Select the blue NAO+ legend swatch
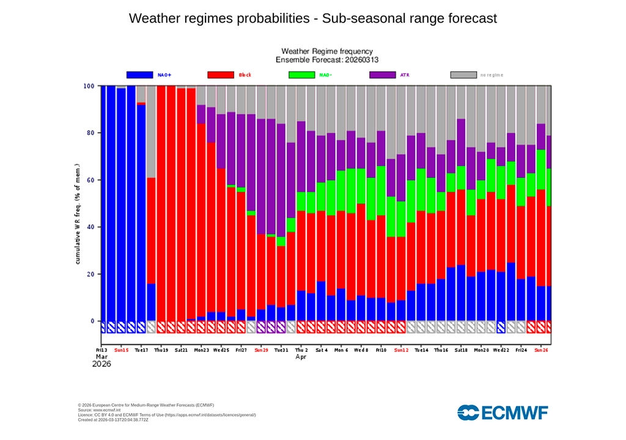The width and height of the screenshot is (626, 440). (139, 75)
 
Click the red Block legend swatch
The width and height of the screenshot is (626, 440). (221, 75)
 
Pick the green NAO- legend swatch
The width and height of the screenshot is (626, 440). (301, 75)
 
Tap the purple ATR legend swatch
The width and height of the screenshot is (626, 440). (383, 75)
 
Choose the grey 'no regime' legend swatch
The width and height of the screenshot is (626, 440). (463, 75)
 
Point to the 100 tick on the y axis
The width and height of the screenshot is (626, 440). (89, 86)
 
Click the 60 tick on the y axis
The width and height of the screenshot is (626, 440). (90, 180)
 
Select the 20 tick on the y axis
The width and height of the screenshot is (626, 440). (90, 274)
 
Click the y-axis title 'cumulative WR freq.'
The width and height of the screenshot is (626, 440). (78, 214)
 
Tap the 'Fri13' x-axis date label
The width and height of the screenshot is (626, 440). (101, 350)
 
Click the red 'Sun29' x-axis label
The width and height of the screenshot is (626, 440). (262, 350)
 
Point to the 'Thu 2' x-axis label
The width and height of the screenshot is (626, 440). (301, 350)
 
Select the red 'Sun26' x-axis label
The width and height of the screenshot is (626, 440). (541, 350)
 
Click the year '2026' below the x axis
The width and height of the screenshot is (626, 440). (102, 364)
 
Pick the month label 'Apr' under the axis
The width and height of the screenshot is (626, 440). (301, 356)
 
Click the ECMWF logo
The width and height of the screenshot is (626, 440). (503, 413)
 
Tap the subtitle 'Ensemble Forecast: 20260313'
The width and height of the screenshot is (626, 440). (326, 60)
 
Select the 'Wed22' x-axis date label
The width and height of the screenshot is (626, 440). (501, 350)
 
